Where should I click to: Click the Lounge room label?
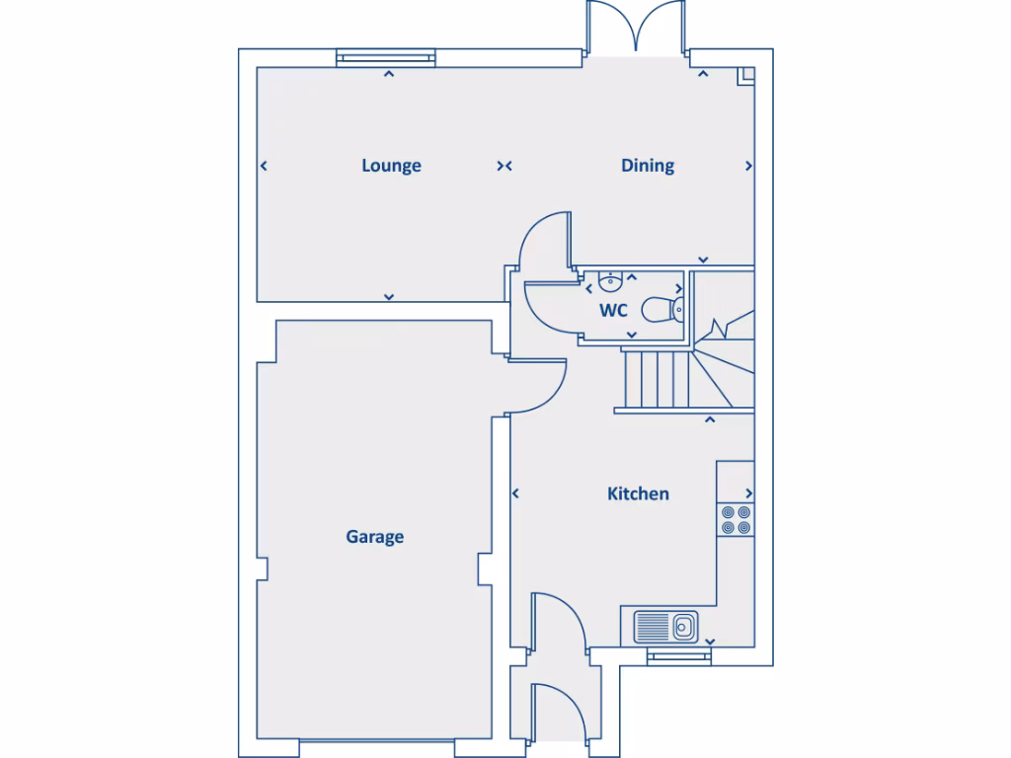point(391,166)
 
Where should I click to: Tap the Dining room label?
point(648,166)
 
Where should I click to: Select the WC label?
point(614,310)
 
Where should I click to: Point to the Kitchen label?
point(638,493)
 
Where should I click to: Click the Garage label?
point(374,537)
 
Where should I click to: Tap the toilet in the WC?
point(662,310)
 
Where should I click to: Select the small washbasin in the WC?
point(609,284)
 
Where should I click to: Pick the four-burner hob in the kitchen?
point(736,519)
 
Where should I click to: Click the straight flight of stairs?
point(654,379)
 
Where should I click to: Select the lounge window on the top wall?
point(385,58)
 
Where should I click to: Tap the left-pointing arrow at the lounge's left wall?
point(264,166)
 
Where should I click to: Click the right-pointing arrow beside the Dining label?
point(748,166)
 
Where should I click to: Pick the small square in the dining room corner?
point(747,73)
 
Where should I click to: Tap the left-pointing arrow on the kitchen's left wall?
point(515,493)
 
